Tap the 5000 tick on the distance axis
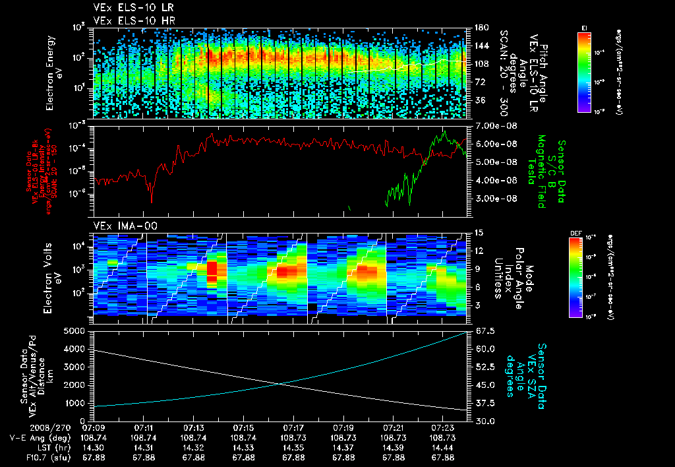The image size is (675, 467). pos(76,331)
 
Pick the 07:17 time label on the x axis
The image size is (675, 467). pos(293,428)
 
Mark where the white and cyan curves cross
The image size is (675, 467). pos(281,384)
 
